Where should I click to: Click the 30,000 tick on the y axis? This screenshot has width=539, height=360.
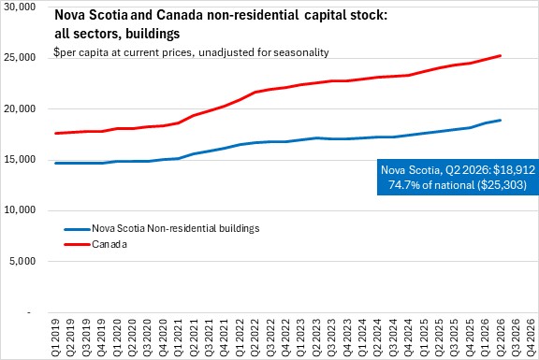coord(20,7)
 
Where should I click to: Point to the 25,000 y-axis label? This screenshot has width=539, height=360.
coord(20,57)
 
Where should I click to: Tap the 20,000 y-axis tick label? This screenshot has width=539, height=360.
coord(20,108)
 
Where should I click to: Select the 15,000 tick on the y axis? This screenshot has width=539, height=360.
coord(20,159)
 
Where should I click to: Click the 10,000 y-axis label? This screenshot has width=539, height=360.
coord(20,209)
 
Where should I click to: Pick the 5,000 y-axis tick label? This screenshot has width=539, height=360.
coord(22,261)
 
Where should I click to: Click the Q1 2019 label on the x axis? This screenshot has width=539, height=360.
coord(55,338)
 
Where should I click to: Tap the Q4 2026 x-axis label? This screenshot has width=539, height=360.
coord(531,338)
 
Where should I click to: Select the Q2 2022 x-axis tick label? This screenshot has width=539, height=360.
coord(255,338)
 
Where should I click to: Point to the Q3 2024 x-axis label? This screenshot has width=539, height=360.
coord(393,338)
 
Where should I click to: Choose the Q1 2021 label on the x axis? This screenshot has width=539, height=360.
coord(178,338)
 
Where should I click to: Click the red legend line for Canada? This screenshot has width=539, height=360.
coord(77,245)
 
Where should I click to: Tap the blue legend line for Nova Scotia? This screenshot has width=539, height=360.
coord(77,229)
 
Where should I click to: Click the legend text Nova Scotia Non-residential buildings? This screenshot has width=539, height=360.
coord(176,228)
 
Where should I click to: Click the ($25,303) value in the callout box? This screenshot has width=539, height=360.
coord(502,185)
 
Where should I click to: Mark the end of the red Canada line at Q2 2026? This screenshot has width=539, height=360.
coord(500,55)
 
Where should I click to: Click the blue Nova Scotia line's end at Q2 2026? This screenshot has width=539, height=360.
coord(500,121)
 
